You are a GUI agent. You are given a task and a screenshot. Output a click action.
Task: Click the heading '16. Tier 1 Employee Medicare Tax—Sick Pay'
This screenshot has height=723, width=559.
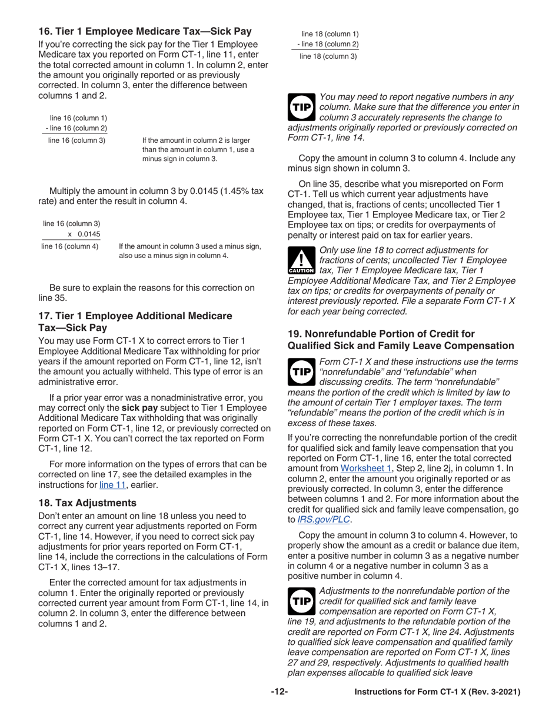[145, 32]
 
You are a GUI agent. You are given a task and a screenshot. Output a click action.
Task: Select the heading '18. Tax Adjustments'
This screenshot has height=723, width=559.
[87, 503]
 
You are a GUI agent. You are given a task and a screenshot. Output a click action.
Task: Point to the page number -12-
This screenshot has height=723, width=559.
[279, 692]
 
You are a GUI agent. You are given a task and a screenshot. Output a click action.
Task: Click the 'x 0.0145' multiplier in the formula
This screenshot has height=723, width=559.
[84, 234]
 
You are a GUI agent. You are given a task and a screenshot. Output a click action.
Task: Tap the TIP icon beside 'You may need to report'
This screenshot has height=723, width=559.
[301, 107]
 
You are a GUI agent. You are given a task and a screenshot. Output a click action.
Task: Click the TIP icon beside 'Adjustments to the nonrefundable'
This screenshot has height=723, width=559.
[301, 601]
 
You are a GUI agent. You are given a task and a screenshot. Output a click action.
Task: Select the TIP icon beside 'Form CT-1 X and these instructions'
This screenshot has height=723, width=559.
[301, 371]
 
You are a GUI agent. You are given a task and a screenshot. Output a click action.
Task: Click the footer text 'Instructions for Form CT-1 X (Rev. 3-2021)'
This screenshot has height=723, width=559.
[437, 692]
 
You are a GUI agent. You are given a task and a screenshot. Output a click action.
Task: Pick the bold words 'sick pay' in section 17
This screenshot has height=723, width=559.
[139, 407]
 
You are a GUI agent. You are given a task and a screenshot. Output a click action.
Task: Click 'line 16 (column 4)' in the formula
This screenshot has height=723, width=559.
[70, 246]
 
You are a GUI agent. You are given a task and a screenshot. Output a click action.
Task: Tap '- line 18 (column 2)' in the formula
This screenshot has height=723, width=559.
[328, 45]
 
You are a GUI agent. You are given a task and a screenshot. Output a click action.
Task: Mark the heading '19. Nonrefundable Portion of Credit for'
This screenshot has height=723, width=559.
[381, 333]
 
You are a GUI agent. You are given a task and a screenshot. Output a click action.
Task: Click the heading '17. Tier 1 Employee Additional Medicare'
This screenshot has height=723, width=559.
[135, 316]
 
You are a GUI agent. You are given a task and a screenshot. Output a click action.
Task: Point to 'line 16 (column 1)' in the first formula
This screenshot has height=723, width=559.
[78, 118]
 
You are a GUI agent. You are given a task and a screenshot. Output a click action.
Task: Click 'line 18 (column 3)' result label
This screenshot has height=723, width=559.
[328, 56]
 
